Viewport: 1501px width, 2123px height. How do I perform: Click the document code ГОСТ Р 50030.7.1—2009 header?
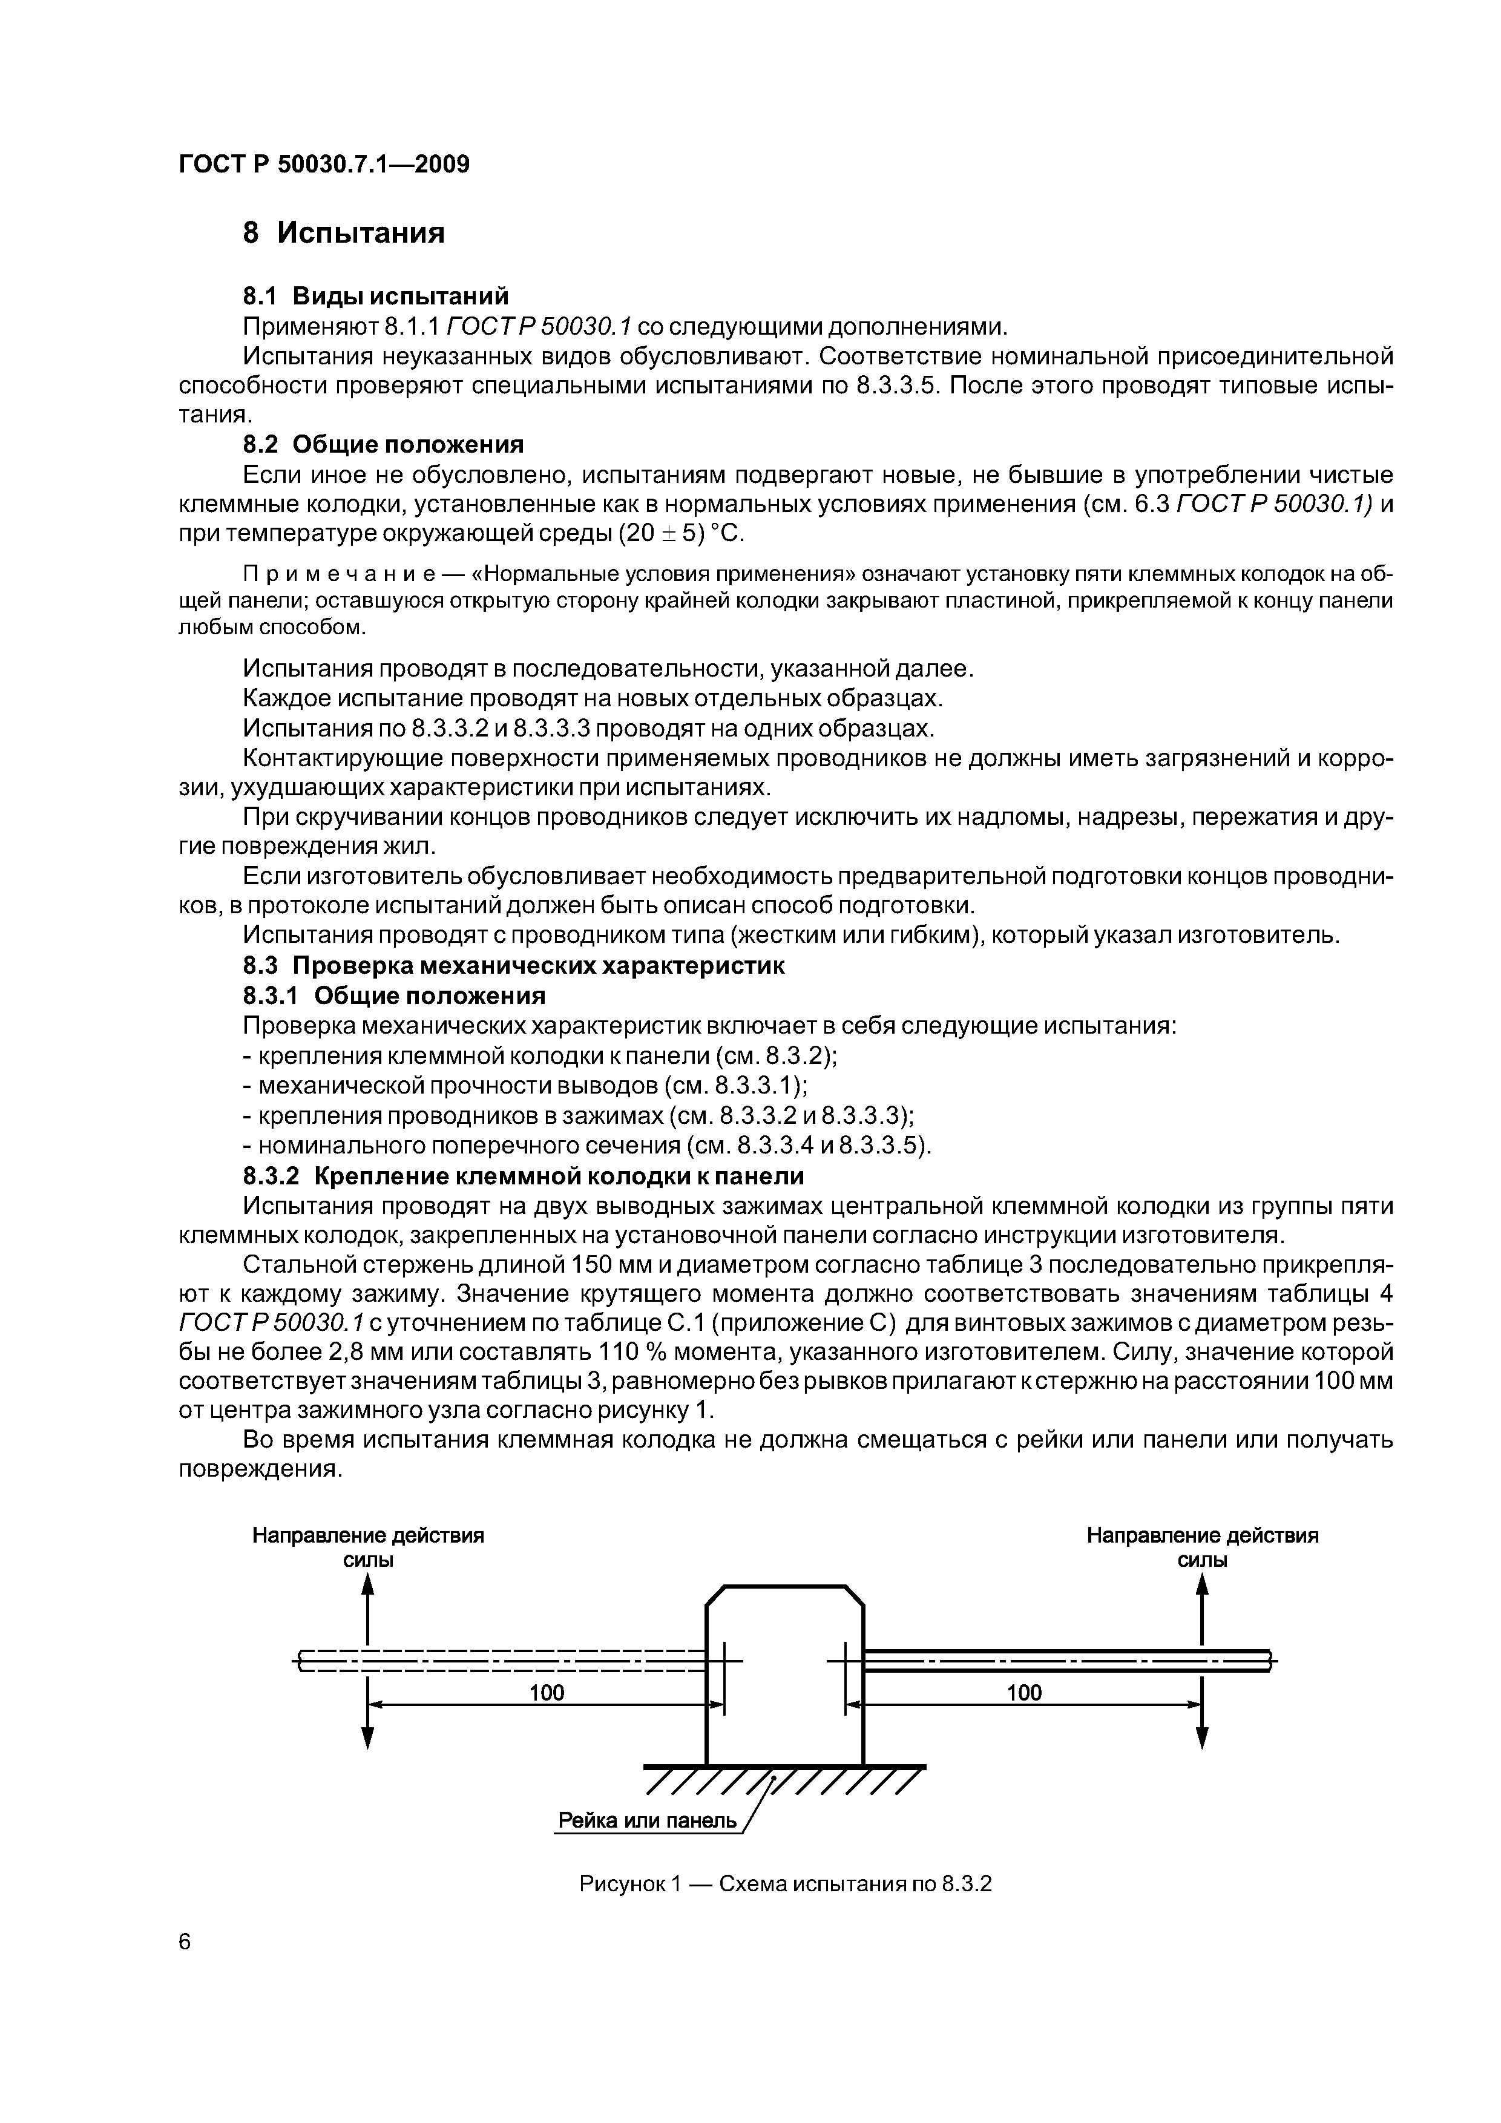click(x=324, y=165)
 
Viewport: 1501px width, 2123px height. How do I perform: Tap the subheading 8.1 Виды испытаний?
click(x=375, y=296)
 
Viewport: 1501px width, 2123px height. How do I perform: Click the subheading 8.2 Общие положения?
click(x=383, y=445)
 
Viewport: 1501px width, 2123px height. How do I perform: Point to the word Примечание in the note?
click(x=304, y=573)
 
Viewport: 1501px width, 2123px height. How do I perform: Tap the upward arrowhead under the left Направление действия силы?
click(x=368, y=1585)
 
